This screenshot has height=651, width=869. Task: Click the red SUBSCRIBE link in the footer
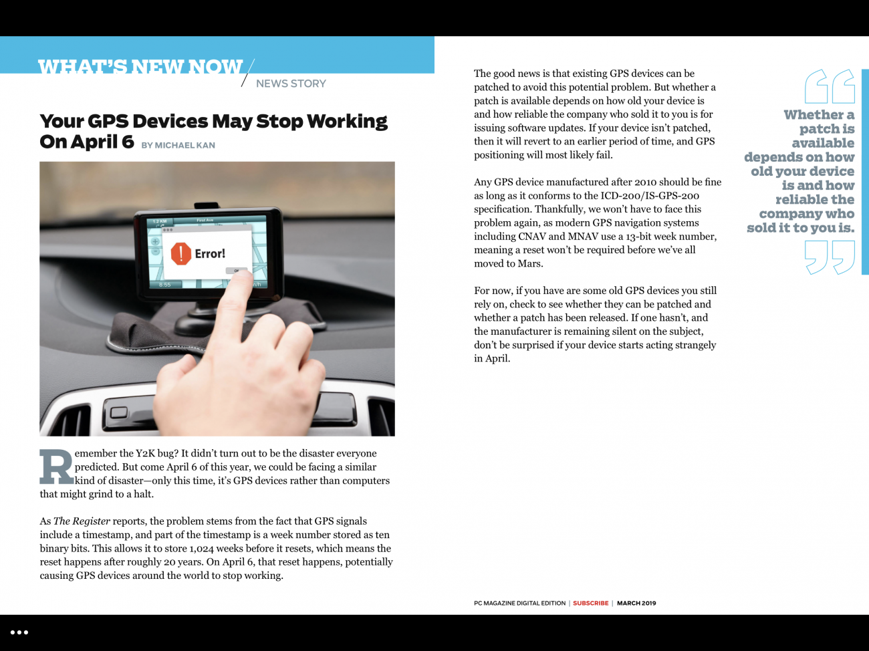coord(590,603)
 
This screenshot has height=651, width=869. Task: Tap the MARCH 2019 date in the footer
coord(636,603)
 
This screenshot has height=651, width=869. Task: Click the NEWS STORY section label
coord(291,84)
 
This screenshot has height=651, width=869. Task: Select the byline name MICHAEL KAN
coord(185,145)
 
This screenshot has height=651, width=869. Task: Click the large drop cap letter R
coord(56,467)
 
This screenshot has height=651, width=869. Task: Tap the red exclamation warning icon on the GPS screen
coord(181,254)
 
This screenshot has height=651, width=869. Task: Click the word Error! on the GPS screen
coord(210,253)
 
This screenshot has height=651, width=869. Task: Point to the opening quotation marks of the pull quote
coord(830,86)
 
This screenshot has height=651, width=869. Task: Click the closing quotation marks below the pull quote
coord(830,258)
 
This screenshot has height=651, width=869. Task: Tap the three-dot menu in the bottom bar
coord(19,632)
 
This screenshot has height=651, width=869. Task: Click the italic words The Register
coord(82,521)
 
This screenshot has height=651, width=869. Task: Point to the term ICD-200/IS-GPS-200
coord(650,195)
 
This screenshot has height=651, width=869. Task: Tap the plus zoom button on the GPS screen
coord(155,241)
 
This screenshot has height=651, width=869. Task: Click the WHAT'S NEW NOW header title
coord(140,66)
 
